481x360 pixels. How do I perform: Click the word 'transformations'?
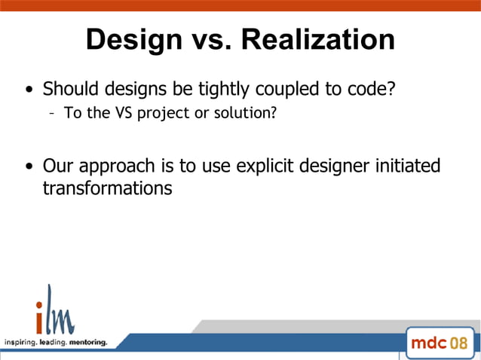(x=107, y=188)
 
